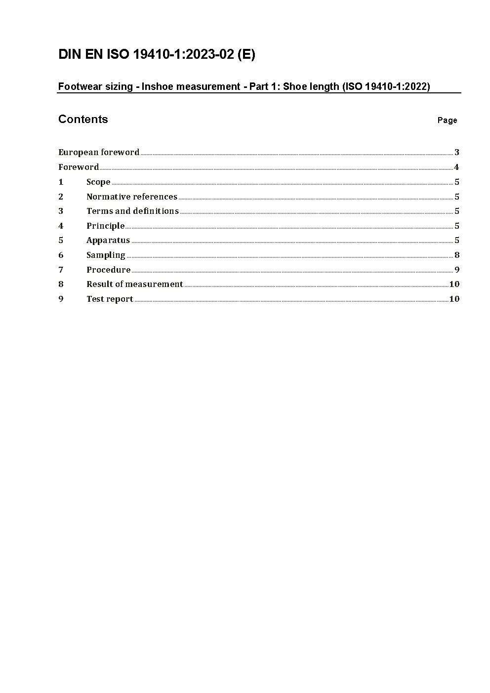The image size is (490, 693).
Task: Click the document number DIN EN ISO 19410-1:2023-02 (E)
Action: [157, 55]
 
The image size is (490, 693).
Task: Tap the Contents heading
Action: [83, 119]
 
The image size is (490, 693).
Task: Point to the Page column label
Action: [447, 121]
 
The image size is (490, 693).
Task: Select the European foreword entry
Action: [99, 152]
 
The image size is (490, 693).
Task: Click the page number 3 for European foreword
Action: [457, 152]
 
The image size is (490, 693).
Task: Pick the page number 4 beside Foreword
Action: [457, 167]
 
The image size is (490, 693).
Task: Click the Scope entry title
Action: [98, 182]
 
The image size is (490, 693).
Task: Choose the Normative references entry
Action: [131, 197]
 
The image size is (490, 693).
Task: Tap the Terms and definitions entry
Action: [132, 211]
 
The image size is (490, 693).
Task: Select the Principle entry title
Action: [105, 226]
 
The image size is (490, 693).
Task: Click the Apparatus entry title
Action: [108, 241]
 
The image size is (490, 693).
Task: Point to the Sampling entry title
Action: [106, 255]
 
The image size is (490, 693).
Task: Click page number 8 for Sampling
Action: [457, 255]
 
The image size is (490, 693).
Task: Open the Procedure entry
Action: [108, 270]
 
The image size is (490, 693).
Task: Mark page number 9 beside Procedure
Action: [457, 270]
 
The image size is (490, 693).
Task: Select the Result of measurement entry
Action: [134, 284]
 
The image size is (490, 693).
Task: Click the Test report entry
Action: [110, 299]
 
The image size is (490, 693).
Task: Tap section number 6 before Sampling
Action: [61, 255]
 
